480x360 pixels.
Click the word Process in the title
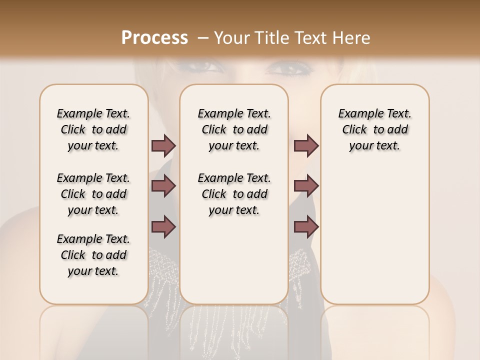coord(154,37)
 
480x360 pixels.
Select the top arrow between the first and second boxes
coord(163,145)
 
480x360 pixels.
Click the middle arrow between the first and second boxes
coord(163,186)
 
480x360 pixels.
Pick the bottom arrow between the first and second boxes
coord(163,227)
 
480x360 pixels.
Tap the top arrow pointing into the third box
coord(306,145)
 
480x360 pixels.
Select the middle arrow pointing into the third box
coord(306,186)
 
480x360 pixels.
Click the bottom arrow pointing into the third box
coord(306,227)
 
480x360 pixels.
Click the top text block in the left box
coord(93,129)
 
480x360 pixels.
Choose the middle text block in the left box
coord(93,194)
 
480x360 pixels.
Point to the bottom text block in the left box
coord(93,255)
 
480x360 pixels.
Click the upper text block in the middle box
coord(234,129)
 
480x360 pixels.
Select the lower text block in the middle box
coord(234,194)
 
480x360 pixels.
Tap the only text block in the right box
coord(374,129)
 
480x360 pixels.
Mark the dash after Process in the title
coord(203,37)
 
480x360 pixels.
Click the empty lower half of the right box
coord(374,240)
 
